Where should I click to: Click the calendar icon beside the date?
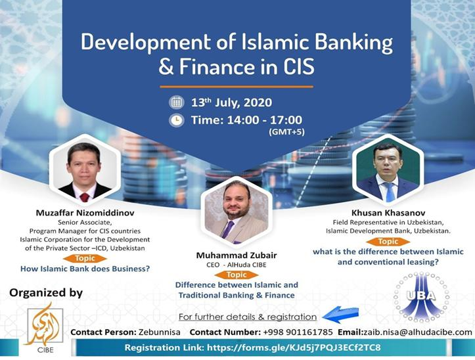click(176, 102)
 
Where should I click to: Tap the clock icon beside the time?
click(176, 120)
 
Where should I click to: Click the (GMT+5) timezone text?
click(286, 132)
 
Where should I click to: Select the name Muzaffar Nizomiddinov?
click(85, 213)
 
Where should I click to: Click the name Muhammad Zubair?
click(237, 255)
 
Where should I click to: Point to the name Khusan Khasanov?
click(388, 213)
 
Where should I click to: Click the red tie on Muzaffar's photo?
click(85, 196)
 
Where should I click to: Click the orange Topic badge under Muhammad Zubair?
click(237, 275)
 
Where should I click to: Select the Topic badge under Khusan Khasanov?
click(388, 242)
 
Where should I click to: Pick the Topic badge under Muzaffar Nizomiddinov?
click(85, 258)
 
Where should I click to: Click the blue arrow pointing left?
click(340, 315)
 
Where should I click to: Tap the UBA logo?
click(421, 297)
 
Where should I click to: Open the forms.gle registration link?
click(294, 348)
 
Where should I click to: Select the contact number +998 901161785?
click(298, 332)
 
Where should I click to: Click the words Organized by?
click(46, 293)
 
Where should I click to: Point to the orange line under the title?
click(237, 87)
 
